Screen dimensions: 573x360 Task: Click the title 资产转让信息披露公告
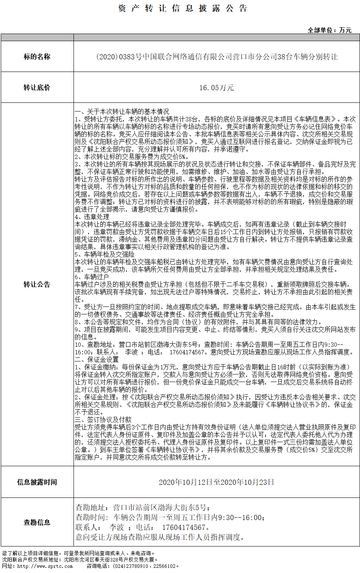[x=183, y=8]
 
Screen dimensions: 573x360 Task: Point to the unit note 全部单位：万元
[x=330, y=30]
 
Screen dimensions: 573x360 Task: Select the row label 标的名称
[x=37, y=57]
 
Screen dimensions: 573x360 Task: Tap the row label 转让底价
[x=37, y=87]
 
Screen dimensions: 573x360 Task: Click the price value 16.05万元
[x=217, y=87]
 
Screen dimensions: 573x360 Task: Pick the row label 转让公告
[x=37, y=284]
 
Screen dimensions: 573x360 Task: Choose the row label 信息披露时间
[x=37, y=482]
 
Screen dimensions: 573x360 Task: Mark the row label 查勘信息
[x=37, y=522]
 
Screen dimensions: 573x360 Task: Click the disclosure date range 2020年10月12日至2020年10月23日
[x=217, y=482]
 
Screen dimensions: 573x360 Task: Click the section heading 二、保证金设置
[x=97, y=359]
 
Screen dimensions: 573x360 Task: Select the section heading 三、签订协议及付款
[x=103, y=420]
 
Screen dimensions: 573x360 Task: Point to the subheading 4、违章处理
[x=92, y=217]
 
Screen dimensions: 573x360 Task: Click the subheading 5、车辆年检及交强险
[x=105, y=254]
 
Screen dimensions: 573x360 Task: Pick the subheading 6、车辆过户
[x=92, y=277]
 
